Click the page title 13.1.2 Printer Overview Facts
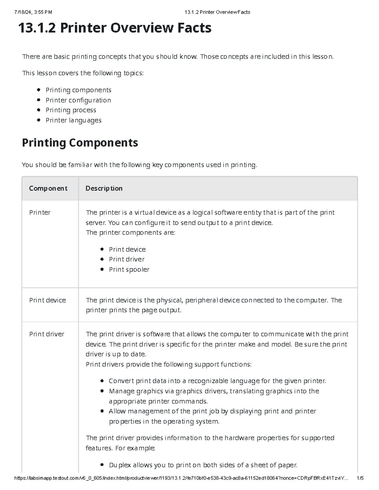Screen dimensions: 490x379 115,28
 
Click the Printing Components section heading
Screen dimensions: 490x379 80,143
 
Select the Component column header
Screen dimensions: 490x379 48,188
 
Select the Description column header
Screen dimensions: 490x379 104,188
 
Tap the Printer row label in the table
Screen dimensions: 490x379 40,213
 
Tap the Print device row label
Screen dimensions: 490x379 47,300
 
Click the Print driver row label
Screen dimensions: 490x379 46,334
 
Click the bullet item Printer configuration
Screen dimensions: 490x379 78,100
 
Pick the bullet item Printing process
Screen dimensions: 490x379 71,110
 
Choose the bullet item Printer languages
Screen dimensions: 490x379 73,120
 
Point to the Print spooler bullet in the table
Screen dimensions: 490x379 129,269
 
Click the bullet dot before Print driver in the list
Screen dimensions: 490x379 102,259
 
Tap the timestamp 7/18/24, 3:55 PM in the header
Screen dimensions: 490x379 33,12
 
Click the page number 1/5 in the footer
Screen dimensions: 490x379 360,478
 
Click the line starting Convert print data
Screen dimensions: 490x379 217,381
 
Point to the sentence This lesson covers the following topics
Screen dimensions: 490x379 82,73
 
